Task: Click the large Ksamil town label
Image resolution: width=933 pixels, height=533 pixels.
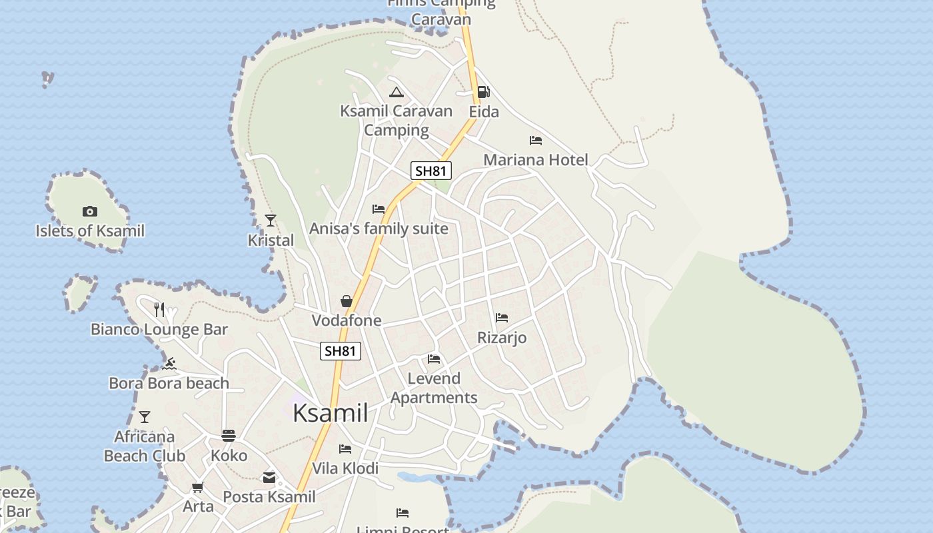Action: pos(331,413)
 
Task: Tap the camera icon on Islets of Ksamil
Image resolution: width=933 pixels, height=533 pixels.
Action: pos(90,212)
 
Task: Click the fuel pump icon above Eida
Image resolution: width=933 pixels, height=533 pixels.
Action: pos(484,92)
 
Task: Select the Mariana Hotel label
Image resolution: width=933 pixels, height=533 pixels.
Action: pos(536,160)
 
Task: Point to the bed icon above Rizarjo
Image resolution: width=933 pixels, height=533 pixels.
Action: pos(502,318)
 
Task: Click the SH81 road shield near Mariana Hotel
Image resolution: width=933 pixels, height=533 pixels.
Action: pos(431,171)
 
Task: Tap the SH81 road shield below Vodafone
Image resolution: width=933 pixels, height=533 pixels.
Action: pos(341,351)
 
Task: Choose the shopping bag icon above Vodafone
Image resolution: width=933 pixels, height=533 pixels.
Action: pos(347,301)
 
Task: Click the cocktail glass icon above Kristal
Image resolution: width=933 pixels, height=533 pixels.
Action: pos(271,220)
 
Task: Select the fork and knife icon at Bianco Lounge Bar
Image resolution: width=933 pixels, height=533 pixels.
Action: pos(159,309)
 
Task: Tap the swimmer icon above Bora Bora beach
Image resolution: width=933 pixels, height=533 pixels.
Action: pos(169,364)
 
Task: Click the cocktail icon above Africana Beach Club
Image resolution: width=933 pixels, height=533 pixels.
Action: pos(145,417)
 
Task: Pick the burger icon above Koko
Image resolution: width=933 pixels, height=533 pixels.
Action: pos(229,436)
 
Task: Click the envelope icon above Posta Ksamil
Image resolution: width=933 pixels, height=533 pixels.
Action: pos(269,477)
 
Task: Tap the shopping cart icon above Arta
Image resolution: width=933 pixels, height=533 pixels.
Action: pos(197,487)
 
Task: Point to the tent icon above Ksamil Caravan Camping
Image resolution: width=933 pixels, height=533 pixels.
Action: pos(397,92)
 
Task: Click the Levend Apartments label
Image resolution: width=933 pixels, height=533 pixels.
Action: pos(434,388)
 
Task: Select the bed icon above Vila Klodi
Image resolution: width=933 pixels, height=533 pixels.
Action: pos(345,449)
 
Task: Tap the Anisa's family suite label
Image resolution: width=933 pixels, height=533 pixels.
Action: pos(379,229)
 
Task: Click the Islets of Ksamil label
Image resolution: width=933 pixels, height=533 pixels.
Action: pos(90,231)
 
